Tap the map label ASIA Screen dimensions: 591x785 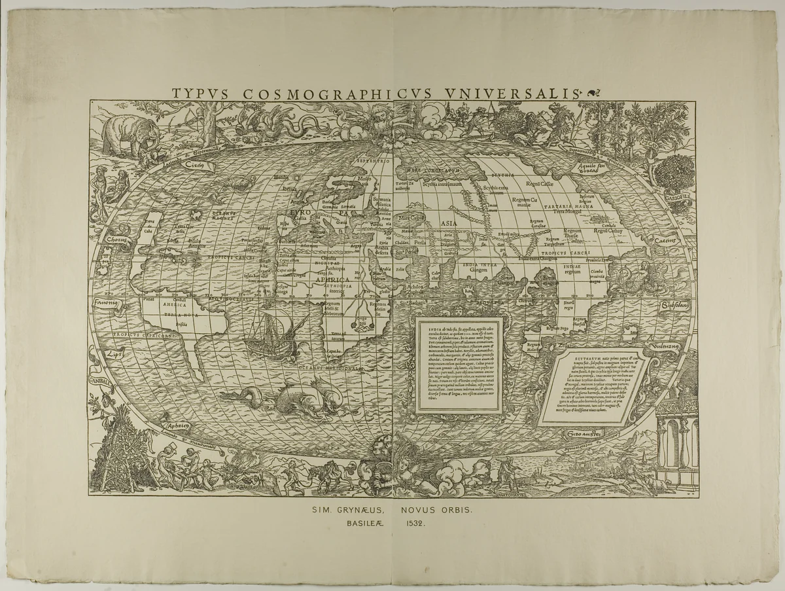pos(449,224)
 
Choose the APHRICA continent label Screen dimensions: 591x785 pos(333,278)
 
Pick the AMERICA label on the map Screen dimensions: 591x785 pos(175,305)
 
